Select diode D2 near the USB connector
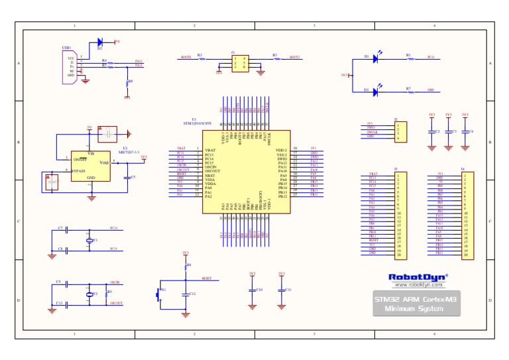pos(100,42)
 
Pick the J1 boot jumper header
pos(240,62)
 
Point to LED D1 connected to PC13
pos(375,58)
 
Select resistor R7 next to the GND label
pos(409,91)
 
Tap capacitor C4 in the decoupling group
pos(465,132)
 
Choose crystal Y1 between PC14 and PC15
pos(89,240)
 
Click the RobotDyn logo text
pos(417,276)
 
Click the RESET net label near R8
pos(207,278)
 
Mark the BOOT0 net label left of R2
pos(186,58)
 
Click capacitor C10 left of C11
pos(252,290)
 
